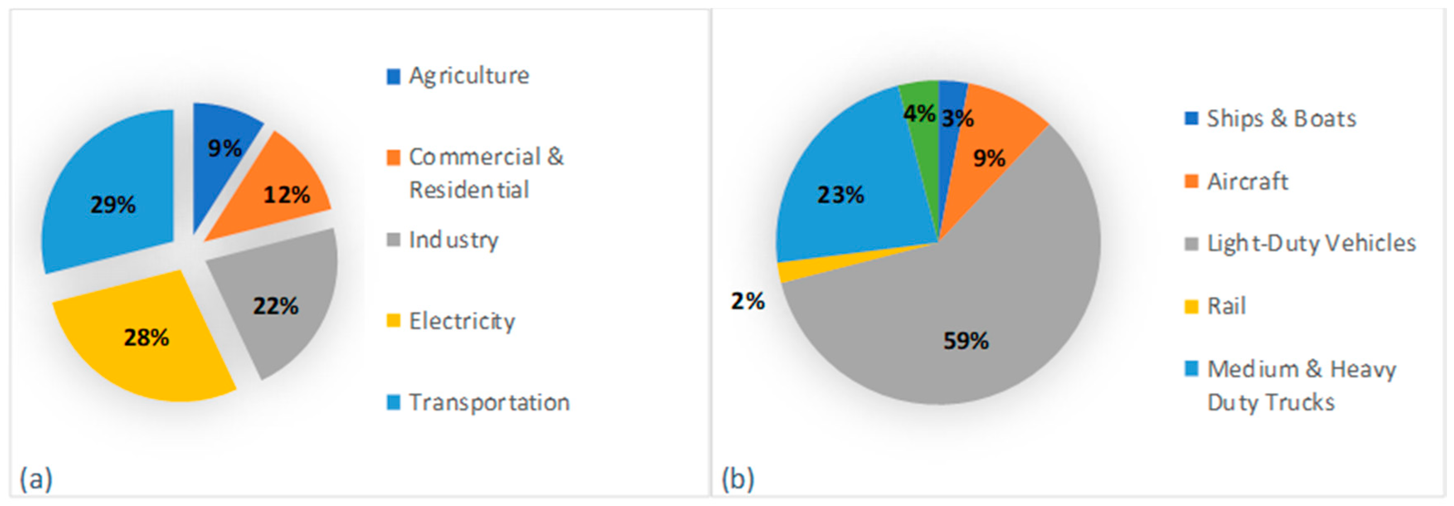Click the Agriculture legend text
click(x=468, y=75)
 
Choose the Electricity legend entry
click(x=462, y=321)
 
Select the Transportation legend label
click(x=489, y=402)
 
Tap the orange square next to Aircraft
click(x=1191, y=182)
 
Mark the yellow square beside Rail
click(x=1191, y=307)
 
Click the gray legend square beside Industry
click(x=393, y=240)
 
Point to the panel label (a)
click(x=36, y=479)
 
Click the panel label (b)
click(x=737, y=479)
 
